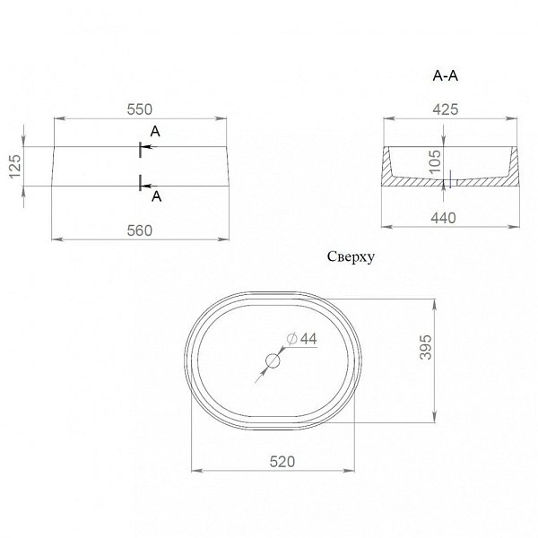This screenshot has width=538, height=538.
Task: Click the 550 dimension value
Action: point(139,109)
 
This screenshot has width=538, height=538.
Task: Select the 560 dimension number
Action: point(139,230)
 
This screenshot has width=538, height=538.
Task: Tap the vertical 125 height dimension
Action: point(15,167)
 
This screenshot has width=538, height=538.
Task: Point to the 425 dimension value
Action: point(446,109)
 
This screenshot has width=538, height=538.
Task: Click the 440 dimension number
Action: point(443,218)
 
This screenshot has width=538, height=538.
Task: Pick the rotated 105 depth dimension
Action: point(435,161)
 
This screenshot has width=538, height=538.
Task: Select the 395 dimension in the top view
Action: point(425,347)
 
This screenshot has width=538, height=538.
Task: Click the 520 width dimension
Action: point(282,462)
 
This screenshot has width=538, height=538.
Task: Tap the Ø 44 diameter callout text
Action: point(302,339)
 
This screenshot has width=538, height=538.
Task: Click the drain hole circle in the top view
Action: point(273,361)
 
